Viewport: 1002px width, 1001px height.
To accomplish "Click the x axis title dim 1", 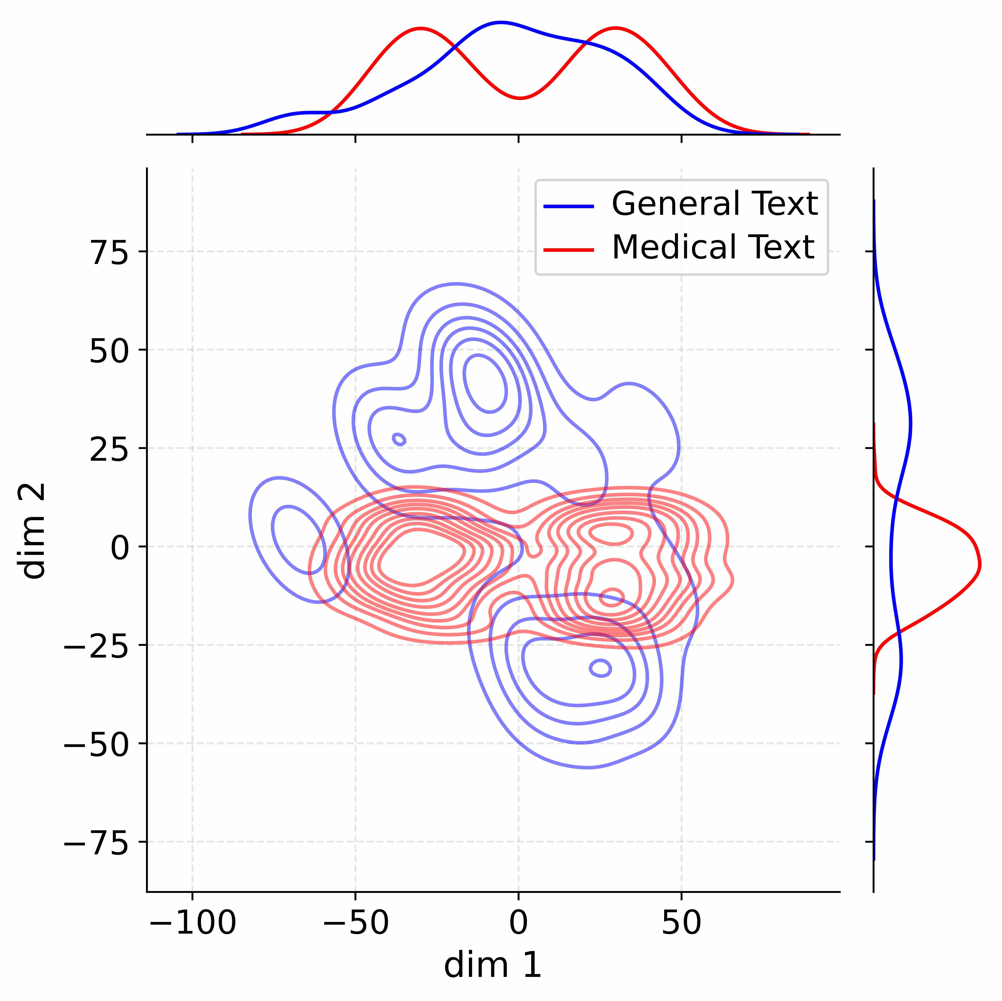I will click(493, 965).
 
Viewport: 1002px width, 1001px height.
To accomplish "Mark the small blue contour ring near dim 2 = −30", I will click(601, 668).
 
